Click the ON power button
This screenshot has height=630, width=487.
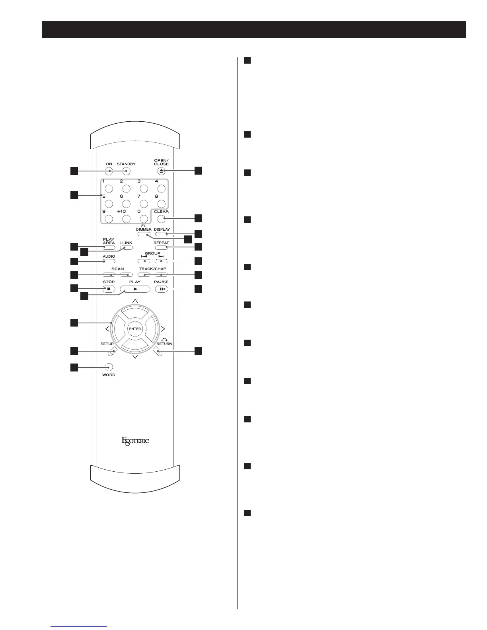109,171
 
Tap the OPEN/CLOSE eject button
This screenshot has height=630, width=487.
161,171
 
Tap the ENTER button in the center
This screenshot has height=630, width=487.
135,329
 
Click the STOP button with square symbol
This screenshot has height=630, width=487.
109,289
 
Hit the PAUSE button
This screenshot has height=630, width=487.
161,289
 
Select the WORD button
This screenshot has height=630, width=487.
109,367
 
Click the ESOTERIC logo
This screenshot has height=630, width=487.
135,441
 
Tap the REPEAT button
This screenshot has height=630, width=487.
161,248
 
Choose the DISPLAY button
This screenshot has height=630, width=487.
161,234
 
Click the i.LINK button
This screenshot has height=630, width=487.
126,248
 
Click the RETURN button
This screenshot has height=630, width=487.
158,352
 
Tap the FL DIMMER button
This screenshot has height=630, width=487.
144,234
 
